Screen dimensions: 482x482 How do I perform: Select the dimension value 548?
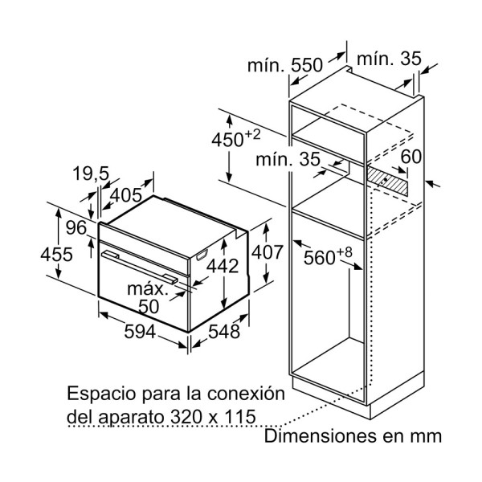click(224, 332)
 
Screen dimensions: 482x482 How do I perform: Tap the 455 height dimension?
click(56, 255)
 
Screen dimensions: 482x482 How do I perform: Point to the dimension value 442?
click(223, 266)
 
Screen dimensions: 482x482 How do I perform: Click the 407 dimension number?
click(267, 252)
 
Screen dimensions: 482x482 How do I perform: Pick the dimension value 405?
click(126, 195)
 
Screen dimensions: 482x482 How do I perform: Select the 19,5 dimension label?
click(91, 174)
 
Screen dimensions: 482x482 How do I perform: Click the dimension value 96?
click(76, 228)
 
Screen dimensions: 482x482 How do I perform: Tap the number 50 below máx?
click(149, 307)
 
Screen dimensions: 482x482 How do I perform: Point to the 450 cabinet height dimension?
click(235, 138)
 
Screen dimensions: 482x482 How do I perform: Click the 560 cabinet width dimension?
click(328, 255)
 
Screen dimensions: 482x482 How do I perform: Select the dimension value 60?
click(411, 157)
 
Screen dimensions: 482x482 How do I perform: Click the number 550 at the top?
click(307, 65)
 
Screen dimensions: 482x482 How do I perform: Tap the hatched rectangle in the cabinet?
click(387, 181)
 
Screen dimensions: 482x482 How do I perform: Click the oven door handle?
click(140, 267)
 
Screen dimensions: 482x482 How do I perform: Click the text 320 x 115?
click(213, 417)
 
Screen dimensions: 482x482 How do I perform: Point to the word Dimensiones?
click(319, 436)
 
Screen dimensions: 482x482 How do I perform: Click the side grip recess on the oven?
click(202, 255)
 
